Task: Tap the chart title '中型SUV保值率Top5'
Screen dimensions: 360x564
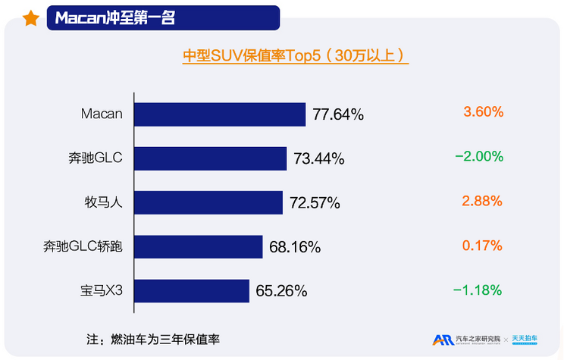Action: point(296,56)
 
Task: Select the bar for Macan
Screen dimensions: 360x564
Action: point(221,114)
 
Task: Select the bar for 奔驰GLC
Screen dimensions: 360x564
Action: point(211,158)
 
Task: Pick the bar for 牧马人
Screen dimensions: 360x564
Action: point(209,202)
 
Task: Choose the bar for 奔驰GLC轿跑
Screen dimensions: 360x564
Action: point(199,246)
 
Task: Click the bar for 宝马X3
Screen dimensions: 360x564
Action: point(193,290)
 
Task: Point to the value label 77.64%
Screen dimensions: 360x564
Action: point(338,115)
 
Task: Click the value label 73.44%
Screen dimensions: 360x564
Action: point(319,159)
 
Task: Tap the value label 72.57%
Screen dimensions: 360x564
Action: point(315,203)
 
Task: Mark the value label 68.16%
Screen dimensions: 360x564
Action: point(295,247)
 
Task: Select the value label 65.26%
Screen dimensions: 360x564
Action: point(281,291)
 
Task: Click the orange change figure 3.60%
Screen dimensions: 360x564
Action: point(483,112)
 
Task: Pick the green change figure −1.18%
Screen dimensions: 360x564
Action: point(478,290)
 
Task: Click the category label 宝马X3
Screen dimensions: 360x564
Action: point(102,290)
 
